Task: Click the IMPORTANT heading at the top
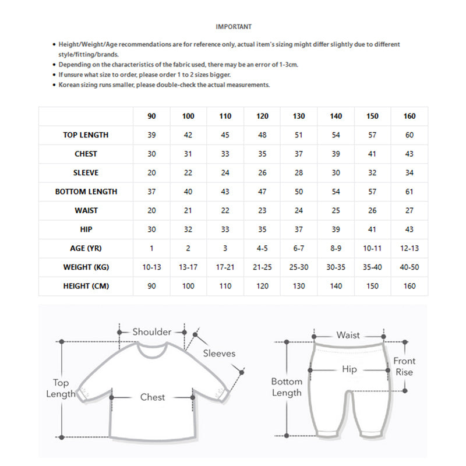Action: pos(234,27)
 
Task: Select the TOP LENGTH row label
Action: pos(86,135)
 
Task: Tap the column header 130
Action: pos(299,116)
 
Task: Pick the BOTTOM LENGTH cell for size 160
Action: pos(409,192)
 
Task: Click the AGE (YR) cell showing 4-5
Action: pos(262,248)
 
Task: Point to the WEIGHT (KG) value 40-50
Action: pos(409,267)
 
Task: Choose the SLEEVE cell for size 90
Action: pos(151,173)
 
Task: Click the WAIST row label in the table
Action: pos(86,211)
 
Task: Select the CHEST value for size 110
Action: pos(225,154)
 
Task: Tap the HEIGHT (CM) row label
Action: pos(86,286)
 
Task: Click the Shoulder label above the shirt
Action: pos(152,332)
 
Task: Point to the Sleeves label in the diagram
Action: pos(219,354)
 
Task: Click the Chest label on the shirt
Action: pos(153,397)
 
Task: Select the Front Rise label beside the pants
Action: pos(404,366)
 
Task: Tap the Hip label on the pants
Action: pos(349,369)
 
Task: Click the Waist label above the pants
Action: pos(348,336)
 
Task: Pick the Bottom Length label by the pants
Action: pos(287,387)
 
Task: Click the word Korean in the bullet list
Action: pos(70,84)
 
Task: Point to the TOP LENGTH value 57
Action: pos(372,135)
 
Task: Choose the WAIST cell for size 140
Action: pos(336,211)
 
